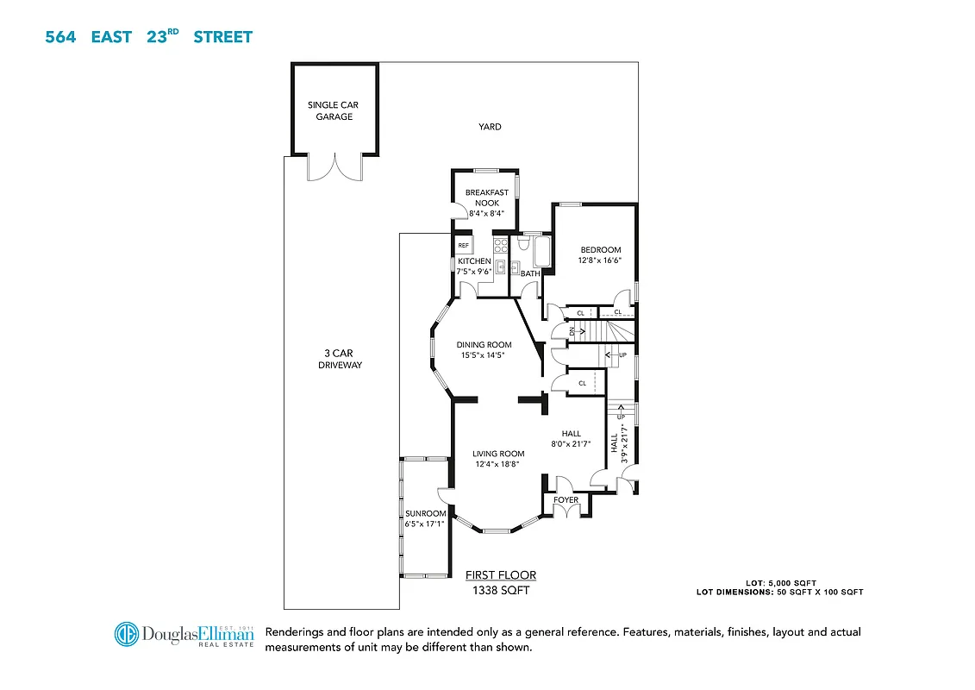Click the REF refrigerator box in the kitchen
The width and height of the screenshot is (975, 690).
[464, 246]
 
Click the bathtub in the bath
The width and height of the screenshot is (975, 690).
[541, 253]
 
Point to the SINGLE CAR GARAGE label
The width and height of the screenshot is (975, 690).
[334, 111]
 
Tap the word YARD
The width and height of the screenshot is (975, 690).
[490, 127]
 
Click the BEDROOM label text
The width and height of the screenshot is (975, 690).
[600, 250]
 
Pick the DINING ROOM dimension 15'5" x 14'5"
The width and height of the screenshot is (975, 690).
[484, 354]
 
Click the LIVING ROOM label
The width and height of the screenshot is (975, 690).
[498, 454]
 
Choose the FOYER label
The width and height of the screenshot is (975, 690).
[566, 500]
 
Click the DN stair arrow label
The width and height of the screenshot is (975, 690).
[572, 331]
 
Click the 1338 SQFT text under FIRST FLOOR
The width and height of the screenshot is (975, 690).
[500, 591]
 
